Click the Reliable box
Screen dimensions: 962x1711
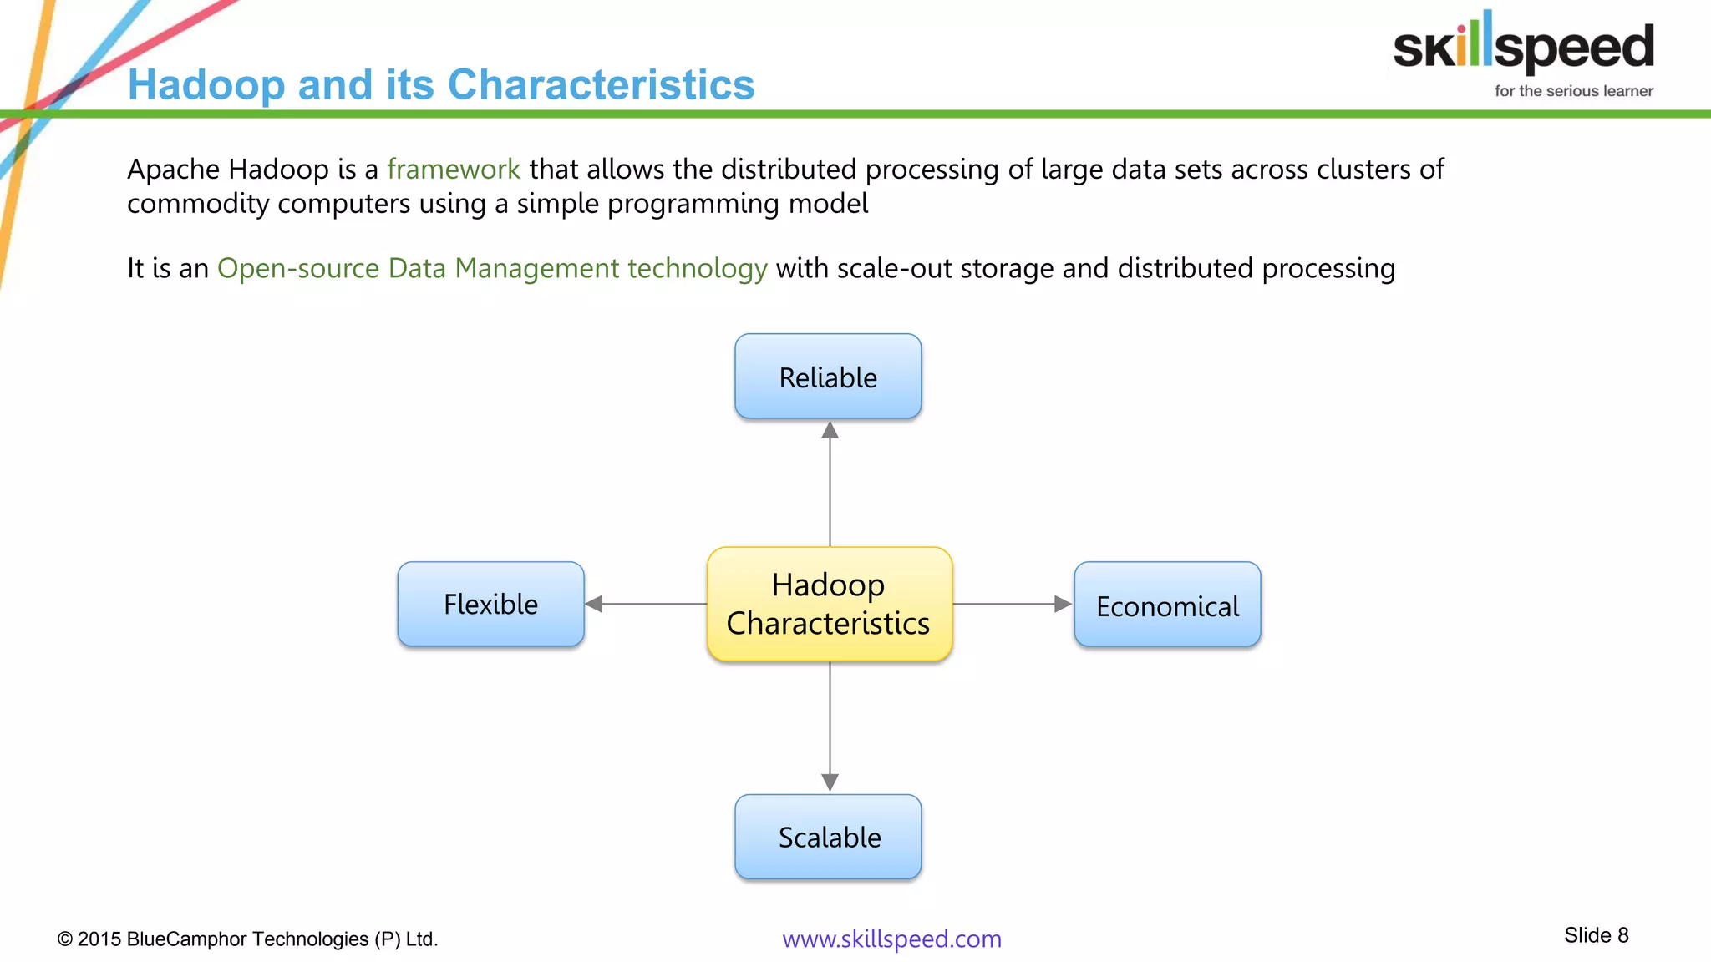click(828, 377)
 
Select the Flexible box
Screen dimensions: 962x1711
click(490, 604)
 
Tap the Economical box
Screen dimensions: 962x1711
click(1167, 605)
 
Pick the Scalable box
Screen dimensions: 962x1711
click(828, 837)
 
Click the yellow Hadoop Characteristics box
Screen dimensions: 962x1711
click(829, 604)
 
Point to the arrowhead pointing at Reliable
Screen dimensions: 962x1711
click(830, 431)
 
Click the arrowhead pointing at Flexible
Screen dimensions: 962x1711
click(594, 604)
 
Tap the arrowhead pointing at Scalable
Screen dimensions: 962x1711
click(830, 782)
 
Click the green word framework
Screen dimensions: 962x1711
click(454, 170)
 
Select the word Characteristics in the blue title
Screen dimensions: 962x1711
click(601, 85)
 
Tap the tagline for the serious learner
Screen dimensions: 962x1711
click(1573, 91)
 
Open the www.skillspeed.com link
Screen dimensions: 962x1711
click(891, 939)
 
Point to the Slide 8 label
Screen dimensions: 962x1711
click(1596, 935)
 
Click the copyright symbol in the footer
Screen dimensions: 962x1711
click(65, 939)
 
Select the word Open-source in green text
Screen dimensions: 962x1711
click(298, 269)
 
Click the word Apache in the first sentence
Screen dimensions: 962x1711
click(174, 170)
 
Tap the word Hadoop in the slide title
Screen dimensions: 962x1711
click(206, 85)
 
